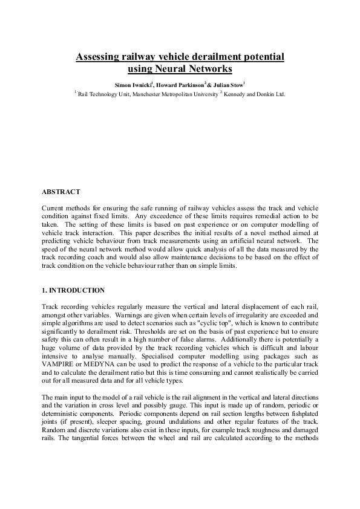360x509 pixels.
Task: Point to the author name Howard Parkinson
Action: [180, 85]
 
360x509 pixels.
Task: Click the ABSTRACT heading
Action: [61, 192]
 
